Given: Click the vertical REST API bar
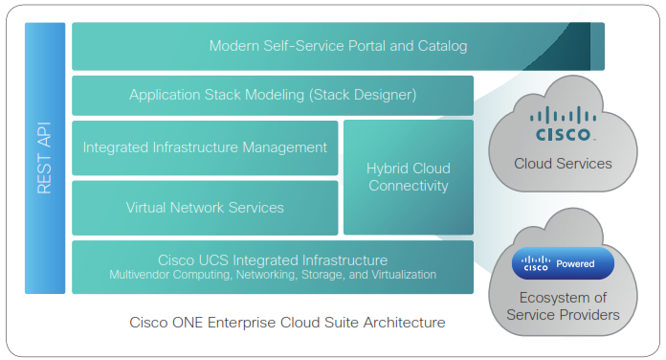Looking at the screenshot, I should (44, 158).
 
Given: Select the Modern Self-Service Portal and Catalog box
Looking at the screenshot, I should (337, 46).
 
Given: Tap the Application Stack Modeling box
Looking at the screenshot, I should (273, 95).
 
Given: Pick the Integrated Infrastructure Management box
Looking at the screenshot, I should (205, 147).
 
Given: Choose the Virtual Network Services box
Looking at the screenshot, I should (205, 207).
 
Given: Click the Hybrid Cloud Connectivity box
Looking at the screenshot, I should (408, 177).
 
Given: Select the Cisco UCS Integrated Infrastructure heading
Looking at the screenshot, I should (273, 259).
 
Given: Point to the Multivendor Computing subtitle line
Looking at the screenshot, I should (273, 275).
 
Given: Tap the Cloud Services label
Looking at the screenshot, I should (563, 164).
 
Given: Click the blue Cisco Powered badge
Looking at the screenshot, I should (563, 263).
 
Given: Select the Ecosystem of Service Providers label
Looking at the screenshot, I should (563, 305).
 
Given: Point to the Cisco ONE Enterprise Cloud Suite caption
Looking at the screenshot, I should (287, 323).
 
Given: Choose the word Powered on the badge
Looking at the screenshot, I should (576, 263).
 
